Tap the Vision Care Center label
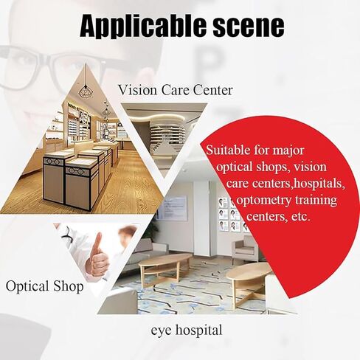pos(175,91)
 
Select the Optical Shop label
pos(44,285)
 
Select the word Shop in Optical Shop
pos(69,285)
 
